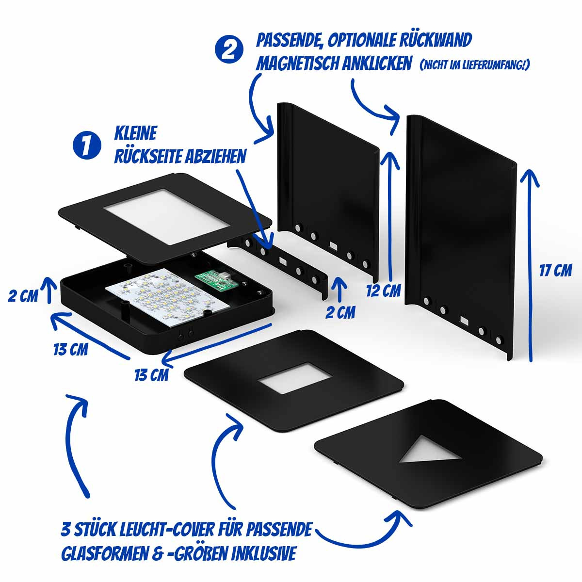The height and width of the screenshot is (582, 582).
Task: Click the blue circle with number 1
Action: click(87, 145)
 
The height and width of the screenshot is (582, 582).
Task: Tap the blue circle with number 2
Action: click(229, 50)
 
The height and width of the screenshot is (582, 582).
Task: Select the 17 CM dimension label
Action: click(555, 270)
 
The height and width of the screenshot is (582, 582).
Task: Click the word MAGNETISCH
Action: click(297, 63)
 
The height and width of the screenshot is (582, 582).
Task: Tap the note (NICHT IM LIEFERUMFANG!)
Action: click(474, 65)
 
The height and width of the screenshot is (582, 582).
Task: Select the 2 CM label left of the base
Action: click(23, 296)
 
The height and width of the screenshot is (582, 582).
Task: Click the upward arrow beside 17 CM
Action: click(530, 265)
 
